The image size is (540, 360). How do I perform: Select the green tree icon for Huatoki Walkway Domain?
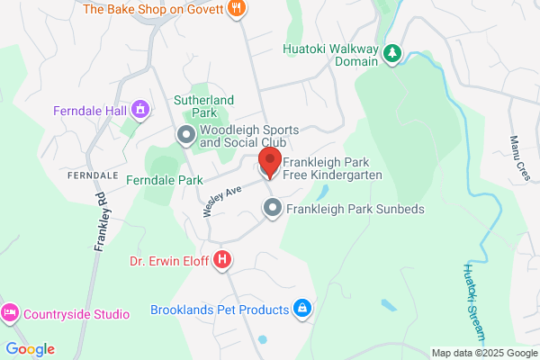pos(392,54)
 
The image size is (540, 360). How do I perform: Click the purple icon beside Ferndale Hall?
pos(139,111)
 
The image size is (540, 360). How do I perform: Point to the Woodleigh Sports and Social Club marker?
pos(186,136)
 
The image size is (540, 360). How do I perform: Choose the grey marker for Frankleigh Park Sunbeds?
pos(273,209)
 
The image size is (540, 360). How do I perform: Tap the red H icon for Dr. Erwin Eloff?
pos(223,262)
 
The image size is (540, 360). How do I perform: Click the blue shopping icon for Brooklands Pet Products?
pos(302,310)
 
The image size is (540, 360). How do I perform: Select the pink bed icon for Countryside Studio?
pos(10,313)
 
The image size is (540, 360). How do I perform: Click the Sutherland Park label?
pos(204,106)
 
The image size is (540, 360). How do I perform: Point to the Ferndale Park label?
pos(165,180)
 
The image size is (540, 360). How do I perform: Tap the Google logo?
pos(30,349)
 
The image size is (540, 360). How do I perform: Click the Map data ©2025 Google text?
pos(482,352)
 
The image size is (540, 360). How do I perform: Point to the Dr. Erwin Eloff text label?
pos(168,263)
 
